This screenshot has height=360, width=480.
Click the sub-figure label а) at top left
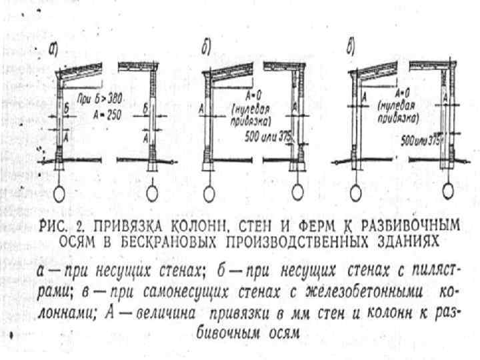click(x=53, y=48)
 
